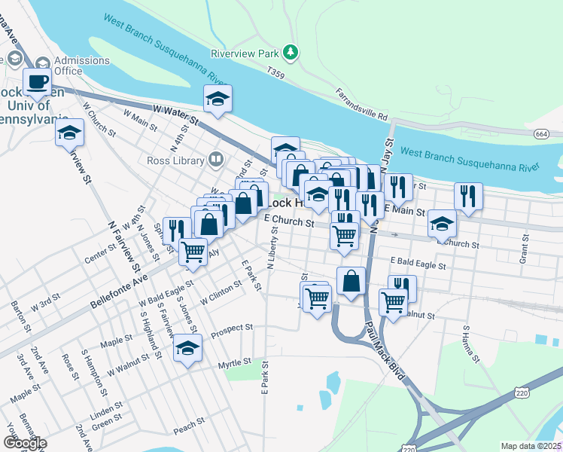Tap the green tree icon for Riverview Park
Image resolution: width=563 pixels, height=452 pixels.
click(291, 53)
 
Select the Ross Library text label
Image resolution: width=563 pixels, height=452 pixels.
click(176, 160)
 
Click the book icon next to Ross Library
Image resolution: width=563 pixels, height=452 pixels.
click(216, 160)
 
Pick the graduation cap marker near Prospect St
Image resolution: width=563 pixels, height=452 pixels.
click(187, 349)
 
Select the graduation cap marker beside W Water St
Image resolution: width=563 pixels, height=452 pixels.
click(218, 99)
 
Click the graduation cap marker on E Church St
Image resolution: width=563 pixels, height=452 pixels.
click(442, 223)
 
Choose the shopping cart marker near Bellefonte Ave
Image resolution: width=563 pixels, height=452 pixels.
click(193, 252)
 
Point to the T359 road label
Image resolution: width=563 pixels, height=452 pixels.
click(277, 73)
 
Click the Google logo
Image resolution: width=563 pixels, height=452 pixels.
click(24, 444)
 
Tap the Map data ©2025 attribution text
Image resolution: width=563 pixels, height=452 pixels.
click(531, 446)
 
